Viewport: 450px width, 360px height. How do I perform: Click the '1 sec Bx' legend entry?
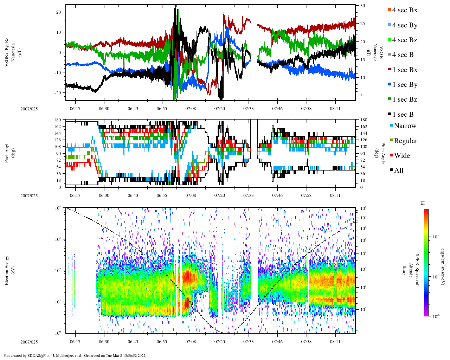point(405,70)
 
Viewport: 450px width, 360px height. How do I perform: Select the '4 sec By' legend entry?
point(405,25)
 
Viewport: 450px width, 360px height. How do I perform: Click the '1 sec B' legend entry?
point(403,115)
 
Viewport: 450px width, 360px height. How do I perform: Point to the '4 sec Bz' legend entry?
point(405,40)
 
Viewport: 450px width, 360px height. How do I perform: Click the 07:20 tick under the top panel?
point(220,109)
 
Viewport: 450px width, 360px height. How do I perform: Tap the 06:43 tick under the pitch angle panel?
point(133,196)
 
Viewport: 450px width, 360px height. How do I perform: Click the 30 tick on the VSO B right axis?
point(362,6)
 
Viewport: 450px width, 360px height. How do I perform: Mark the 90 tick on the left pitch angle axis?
point(58,153)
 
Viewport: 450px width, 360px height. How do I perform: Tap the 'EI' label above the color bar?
point(423,203)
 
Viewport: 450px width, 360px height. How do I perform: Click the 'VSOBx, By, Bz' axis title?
point(7,53)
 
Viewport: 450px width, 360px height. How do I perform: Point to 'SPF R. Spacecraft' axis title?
point(417,270)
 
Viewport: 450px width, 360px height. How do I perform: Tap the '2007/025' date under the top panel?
point(29,109)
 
